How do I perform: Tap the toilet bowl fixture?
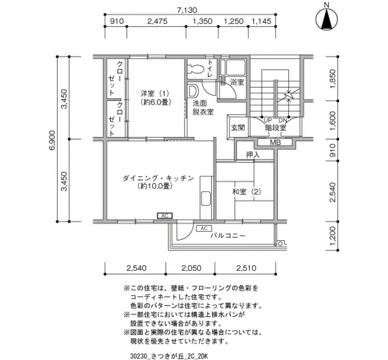(x=196, y=69)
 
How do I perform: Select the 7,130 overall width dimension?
(x=187, y=10)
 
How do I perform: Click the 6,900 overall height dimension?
(x=52, y=139)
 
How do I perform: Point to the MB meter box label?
(x=275, y=143)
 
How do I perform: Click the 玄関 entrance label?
(x=238, y=127)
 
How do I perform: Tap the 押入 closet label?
(x=253, y=155)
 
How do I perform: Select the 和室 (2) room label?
(x=247, y=192)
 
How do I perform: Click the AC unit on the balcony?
(x=204, y=228)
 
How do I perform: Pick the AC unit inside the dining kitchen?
(x=165, y=216)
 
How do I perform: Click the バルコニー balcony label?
(x=228, y=235)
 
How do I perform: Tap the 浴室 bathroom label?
(x=237, y=82)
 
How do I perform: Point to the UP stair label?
(x=268, y=120)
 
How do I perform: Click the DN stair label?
(x=283, y=120)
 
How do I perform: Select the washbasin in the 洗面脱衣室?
(x=193, y=91)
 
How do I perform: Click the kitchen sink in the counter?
(x=206, y=198)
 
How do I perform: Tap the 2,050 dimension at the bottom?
(x=191, y=268)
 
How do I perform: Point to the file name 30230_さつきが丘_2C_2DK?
(x=169, y=356)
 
